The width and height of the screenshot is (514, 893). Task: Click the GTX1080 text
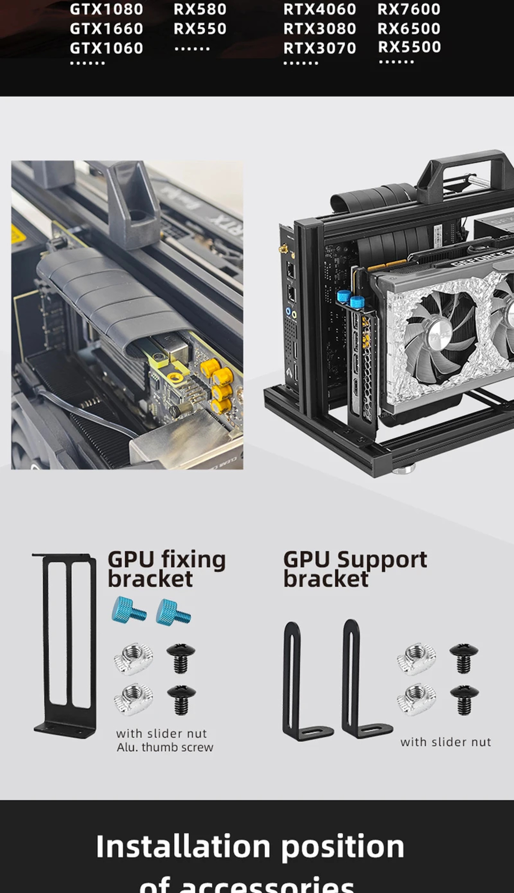pos(106,9)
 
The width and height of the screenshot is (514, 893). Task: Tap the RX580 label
pos(200,9)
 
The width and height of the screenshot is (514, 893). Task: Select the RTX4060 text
pos(320,9)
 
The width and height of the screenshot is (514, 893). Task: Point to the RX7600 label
pos(409,9)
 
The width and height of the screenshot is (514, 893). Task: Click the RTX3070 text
pos(320,48)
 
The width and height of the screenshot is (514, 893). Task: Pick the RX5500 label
pos(409,47)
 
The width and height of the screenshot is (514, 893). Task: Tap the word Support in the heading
pos(382,560)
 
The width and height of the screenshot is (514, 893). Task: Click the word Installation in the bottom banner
pos(183,847)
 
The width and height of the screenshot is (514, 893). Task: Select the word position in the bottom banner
pos(343,847)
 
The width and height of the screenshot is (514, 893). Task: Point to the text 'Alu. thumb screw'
pos(165,747)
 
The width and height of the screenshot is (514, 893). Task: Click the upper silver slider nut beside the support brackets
pos(416,659)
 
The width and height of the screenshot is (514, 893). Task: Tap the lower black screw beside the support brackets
pos(464,700)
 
